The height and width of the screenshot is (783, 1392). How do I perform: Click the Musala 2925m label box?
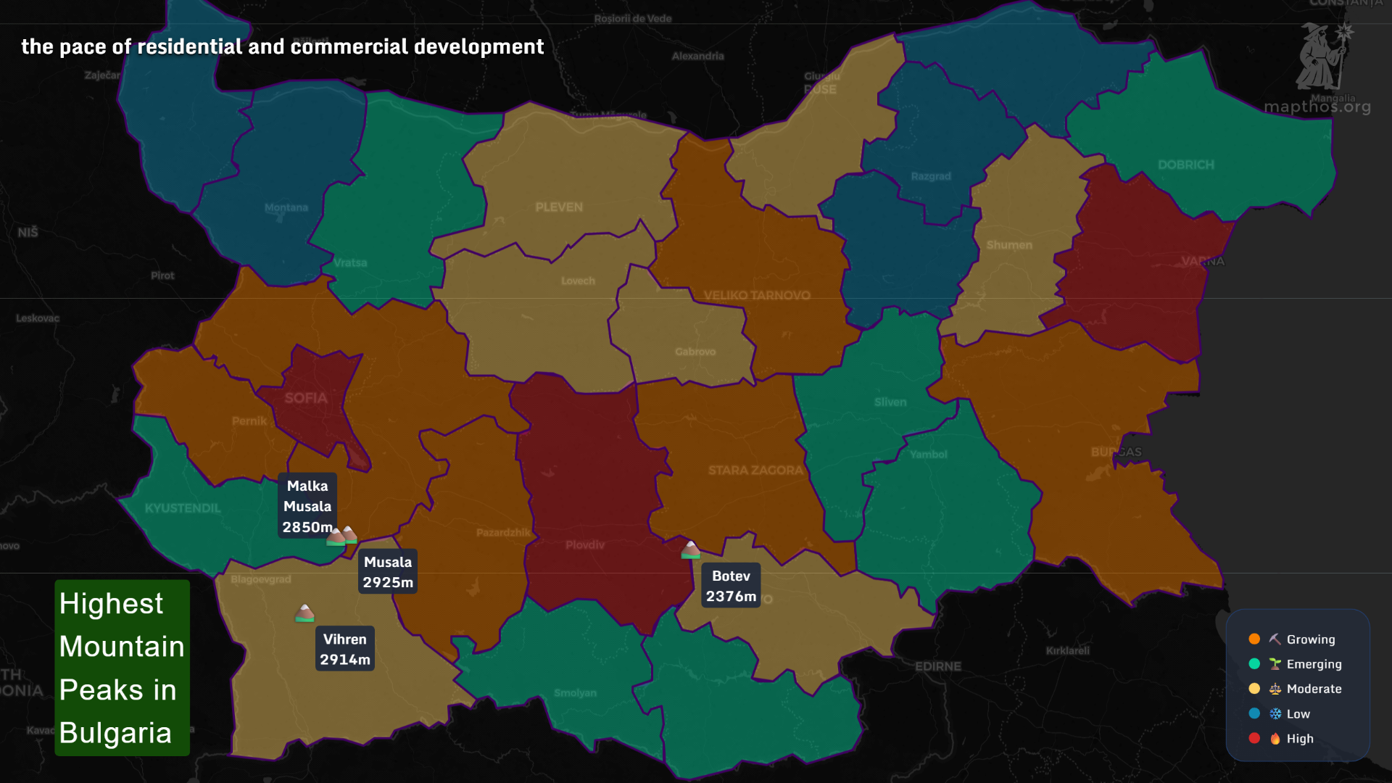click(x=388, y=572)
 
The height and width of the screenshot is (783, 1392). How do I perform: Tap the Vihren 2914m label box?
click(x=345, y=649)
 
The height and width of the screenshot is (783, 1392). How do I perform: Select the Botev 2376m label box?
click(x=731, y=586)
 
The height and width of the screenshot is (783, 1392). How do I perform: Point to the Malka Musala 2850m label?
click(x=307, y=506)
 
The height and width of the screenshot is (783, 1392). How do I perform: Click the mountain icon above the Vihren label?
click(x=304, y=613)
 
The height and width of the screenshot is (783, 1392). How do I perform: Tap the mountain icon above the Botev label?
click(x=690, y=550)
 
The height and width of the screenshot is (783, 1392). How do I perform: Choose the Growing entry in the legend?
click(x=1310, y=639)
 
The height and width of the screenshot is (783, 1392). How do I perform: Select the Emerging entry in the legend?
click(x=1313, y=664)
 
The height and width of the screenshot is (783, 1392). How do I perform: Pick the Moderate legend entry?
click(x=1313, y=689)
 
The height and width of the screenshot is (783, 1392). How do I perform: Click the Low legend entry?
click(x=1298, y=714)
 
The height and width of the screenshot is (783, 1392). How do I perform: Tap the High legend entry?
click(x=1299, y=739)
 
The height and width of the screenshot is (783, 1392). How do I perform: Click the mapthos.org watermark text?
click(x=1317, y=107)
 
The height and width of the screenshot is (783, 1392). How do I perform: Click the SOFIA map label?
click(x=306, y=398)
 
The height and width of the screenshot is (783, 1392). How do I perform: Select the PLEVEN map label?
click(x=559, y=207)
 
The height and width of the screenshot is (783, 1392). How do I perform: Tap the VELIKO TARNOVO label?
click(x=757, y=295)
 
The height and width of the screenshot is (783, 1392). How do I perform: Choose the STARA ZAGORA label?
click(x=755, y=471)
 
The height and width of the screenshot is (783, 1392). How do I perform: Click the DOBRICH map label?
click(x=1185, y=165)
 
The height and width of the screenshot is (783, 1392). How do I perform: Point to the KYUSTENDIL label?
click(x=183, y=508)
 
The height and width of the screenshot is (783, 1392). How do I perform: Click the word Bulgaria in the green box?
click(x=115, y=733)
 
